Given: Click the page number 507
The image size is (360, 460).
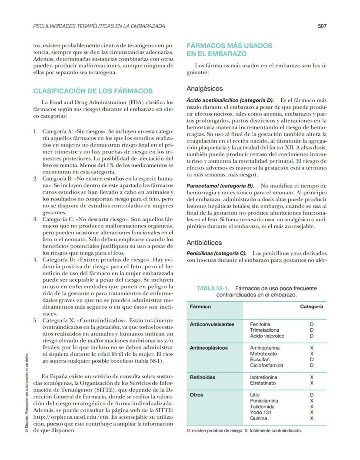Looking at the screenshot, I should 322,26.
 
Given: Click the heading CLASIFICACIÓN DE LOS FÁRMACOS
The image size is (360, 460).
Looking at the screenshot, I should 93,91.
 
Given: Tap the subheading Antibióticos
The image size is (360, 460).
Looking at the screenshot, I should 204,243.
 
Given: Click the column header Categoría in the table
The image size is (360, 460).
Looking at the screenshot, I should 311,307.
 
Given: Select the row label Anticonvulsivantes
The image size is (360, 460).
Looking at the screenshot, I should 212,324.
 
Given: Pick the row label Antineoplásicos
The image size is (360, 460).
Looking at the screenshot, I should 209,348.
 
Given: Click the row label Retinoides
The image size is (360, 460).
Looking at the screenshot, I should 203,377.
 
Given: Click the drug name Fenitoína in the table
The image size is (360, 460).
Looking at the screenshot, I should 260,324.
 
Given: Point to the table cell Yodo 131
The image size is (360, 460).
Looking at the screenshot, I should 261,413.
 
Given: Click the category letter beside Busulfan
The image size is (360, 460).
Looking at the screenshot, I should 311,360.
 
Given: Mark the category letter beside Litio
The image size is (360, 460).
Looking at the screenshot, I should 311,395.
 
